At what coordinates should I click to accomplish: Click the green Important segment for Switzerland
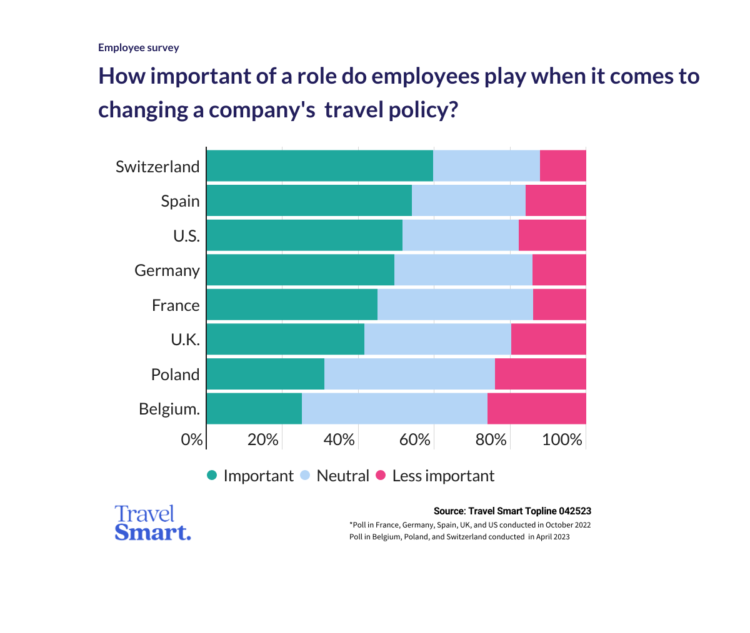pyautogui.click(x=319, y=166)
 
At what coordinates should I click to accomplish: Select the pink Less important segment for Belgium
pyautogui.click(x=536, y=409)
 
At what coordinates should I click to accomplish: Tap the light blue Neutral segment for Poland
pyautogui.click(x=409, y=374)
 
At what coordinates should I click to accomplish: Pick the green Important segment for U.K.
pyautogui.click(x=285, y=340)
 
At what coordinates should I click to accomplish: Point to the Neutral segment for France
pyautogui.click(x=455, y=305)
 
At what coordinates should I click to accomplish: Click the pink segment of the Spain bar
pyautogui.click(x=556, y=200)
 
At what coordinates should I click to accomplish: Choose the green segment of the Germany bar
pyautogui.click(x=300, y=270)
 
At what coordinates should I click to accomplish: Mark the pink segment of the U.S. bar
pyautogui.click(x=552, y=235)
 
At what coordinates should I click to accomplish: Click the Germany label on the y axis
pyautogui.click(x=167, y=270)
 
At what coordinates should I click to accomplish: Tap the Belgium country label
pyautogui.click(x=169, y=409)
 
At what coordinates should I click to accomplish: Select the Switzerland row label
pyautogui.click(x=157, y=167)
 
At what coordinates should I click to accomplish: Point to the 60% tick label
pyautogui.click(x=415, y=439)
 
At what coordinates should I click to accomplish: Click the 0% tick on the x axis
pyautogui.click(x=192, y=439)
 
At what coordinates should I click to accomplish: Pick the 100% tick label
pyautogui.click(x=562, y=439)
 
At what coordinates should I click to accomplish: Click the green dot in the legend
pyautogui.click(x=212, y=476)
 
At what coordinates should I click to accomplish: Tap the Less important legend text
pyautogui.click(x=443, y=476)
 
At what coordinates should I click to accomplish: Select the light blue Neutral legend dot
pyautogui.click(x=305, y=476)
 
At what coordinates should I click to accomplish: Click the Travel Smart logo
pyautogui.click(x=152, y=523)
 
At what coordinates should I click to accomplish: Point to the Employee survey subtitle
pyautogui.click(x=139, y=47)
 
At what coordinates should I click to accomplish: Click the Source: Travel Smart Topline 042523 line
pyautogui.click(x=512, y=511)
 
